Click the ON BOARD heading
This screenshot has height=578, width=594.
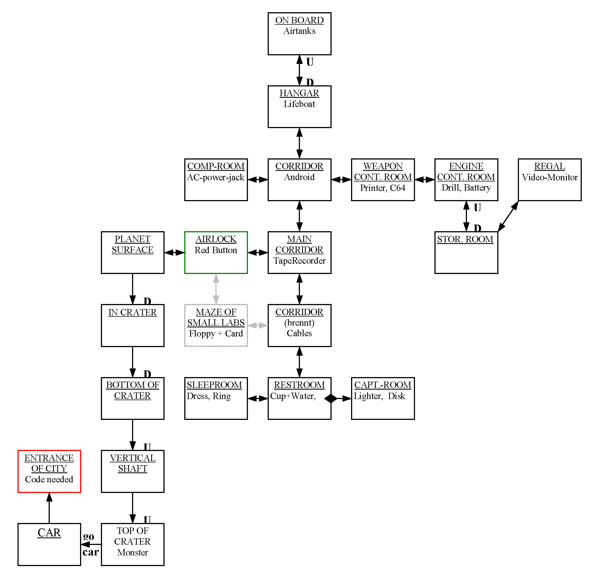pos(299,20)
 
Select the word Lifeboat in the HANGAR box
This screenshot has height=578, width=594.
pos(299,104)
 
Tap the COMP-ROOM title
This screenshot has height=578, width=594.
pos(216,166)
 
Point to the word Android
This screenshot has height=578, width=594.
pos(299,177)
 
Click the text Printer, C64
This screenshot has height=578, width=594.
pos(383,188)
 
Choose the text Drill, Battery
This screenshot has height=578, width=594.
pos(466,188)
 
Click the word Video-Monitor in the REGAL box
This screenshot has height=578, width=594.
pos(550,177)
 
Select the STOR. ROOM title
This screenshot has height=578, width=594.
pos(465,239)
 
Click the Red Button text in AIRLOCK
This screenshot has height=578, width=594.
pos(216,250)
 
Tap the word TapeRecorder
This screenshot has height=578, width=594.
pos(299,261)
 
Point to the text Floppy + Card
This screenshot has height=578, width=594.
pos(216,334)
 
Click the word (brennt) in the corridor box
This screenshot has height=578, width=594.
pos(299,323)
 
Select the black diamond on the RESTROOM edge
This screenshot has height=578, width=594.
pos(330,398)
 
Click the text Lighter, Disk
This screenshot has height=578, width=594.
pos(379,396)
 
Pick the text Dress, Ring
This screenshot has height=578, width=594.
pos(209,396)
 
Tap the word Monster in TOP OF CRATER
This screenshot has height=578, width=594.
pos(132,552)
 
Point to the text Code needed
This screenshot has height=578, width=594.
pos(49,479)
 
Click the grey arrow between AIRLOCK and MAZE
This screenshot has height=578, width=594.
pos(216,289)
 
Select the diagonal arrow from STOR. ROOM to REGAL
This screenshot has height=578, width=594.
pos(508,216)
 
